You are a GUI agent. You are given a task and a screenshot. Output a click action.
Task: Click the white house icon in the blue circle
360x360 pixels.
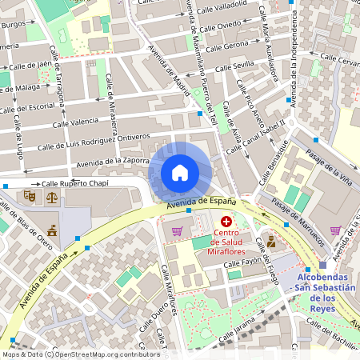[180, 173]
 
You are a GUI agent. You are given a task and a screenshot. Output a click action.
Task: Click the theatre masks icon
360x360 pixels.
[30, 194]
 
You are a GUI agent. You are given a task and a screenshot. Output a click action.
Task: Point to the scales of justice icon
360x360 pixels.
[52, 194]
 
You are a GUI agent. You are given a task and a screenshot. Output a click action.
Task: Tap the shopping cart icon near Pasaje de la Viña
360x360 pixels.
[335, 230]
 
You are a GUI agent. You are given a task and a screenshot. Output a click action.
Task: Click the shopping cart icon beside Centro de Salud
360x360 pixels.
[177, 231]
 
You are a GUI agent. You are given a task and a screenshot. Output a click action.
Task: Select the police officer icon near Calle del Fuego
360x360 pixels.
[271, 240]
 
